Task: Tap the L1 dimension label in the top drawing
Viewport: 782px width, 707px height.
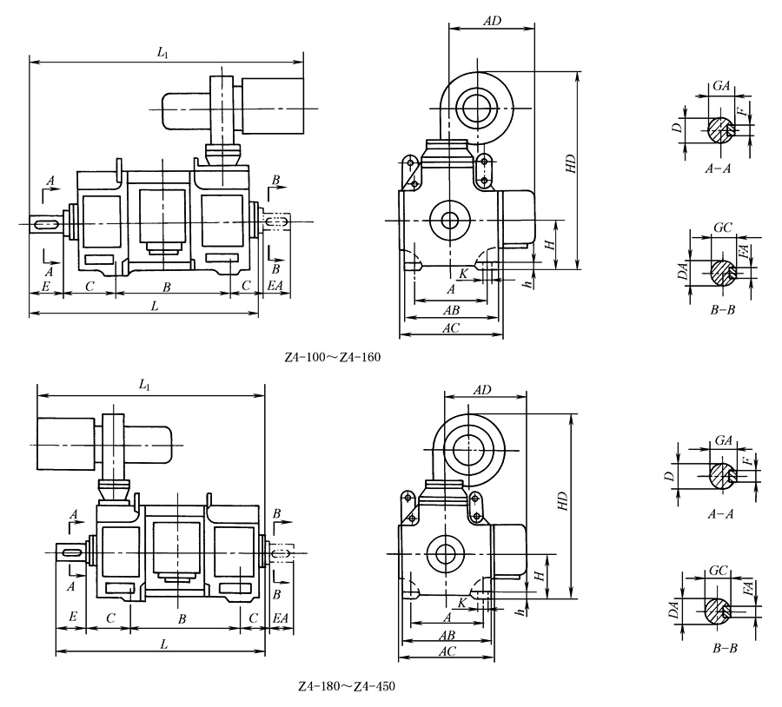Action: click(x=162, y=54)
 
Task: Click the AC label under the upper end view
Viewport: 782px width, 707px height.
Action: click(x=451, y=327)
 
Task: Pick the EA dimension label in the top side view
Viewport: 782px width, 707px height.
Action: click(x=275, y=285)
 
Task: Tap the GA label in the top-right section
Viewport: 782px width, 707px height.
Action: click(x=721, y=87)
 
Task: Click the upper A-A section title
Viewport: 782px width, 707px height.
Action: click(x=718, y=169)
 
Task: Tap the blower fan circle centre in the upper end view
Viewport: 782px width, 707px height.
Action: click(x=476, y=109)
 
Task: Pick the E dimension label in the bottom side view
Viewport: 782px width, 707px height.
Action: click(x=73, y=617)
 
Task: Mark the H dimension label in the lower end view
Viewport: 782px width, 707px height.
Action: click(x=540, y=575)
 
